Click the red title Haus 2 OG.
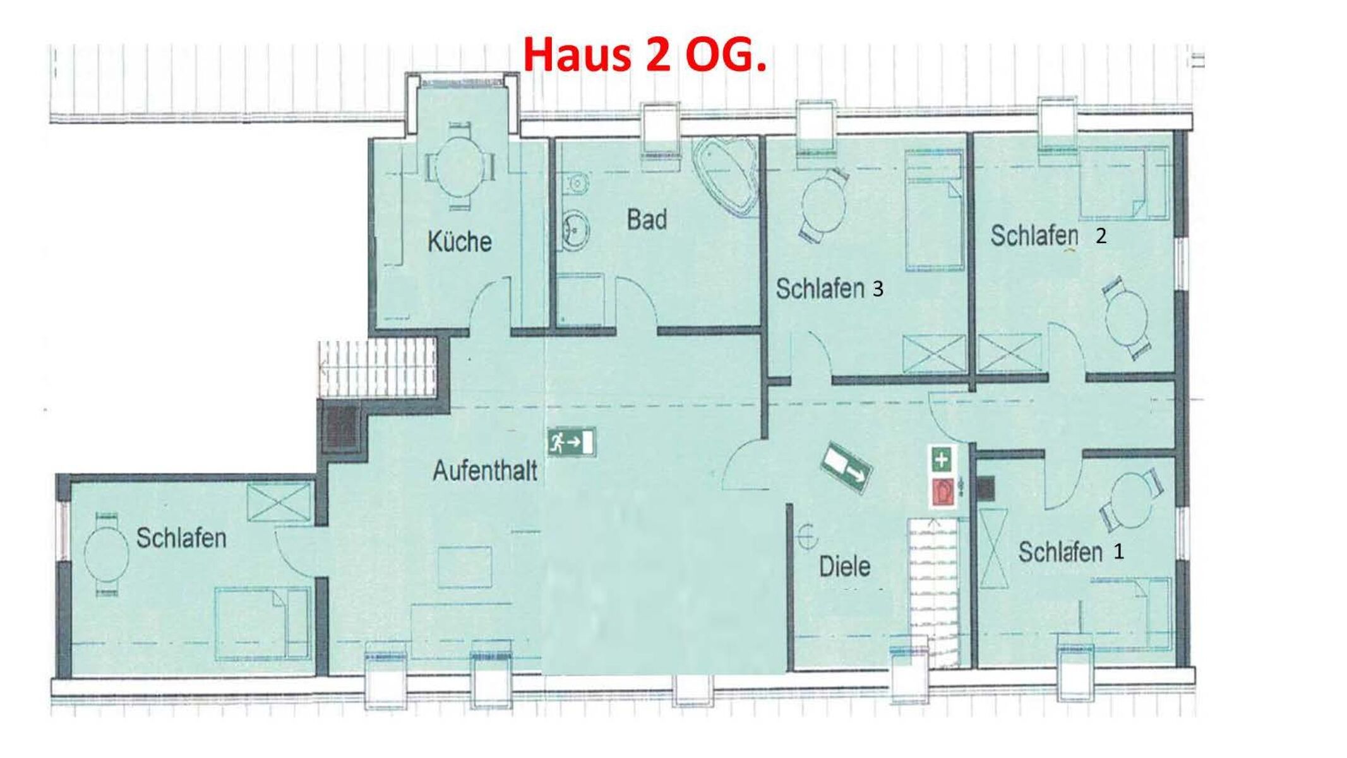click(644, 55)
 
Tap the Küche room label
click(460, 241)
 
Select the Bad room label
click(647, 220)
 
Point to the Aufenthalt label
click(485, 471)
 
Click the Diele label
click(844, 566)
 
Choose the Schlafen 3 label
click(829, 289)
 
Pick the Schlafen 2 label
click(1048, 236)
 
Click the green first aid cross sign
click(941, 459)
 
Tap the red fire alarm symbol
click(942, 492)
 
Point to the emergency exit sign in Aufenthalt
click(572, 442)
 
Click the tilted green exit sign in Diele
click(846, 469)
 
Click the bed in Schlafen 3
click(935, 210)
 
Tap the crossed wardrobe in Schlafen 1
click(993, 548)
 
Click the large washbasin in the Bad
click(575, 229)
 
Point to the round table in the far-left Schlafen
click(105, 553)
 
